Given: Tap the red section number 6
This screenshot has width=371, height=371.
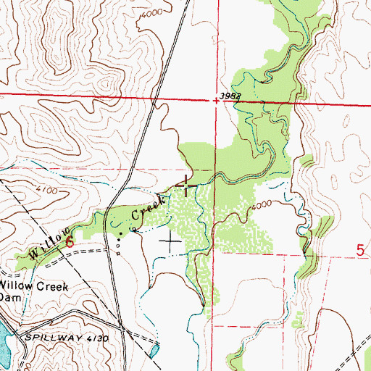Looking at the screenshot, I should click(70, 241).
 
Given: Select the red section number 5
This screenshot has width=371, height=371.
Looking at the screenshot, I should click(360, 251).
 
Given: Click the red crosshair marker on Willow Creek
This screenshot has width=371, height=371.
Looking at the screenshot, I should click(185, 186).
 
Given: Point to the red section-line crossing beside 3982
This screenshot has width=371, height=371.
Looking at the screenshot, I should click(216, 101).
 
